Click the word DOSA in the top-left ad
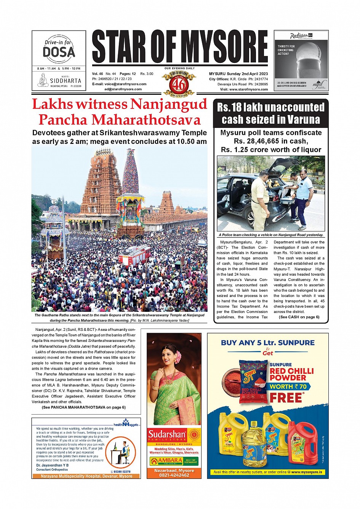click(x=59, y=52)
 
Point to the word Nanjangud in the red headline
click(x=169, y=104)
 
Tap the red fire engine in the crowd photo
click(x=134, y=255)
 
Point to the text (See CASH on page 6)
click(x=299, y=317)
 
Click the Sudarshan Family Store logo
click(x=174, y=435)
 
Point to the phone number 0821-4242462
click(x=174, y=475)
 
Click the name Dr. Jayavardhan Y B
click(x=53, y=465)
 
